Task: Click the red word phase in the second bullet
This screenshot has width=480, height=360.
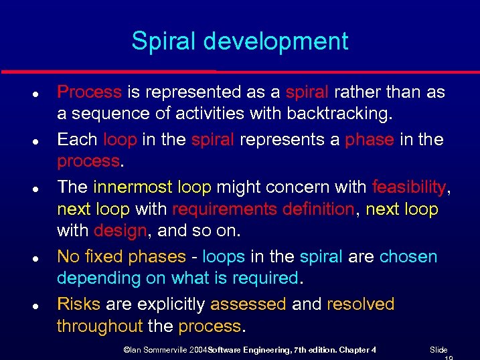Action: pyautogui.click(x=369, y=139)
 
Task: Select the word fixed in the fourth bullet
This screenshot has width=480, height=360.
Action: pyautogui.click(x=98, y=256)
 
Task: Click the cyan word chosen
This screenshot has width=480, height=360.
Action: pyautogui.click(x=408, y=256)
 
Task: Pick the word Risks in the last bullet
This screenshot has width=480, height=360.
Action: pyautogui.click(x=78, y=304)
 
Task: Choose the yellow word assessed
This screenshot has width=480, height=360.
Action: pyautogui.click(x=248, y=304)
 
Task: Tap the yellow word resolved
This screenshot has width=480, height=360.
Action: pyautogui.click(x=360, y=304)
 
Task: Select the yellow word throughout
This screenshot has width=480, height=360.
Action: pyautogui.click(x=100, y=327)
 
